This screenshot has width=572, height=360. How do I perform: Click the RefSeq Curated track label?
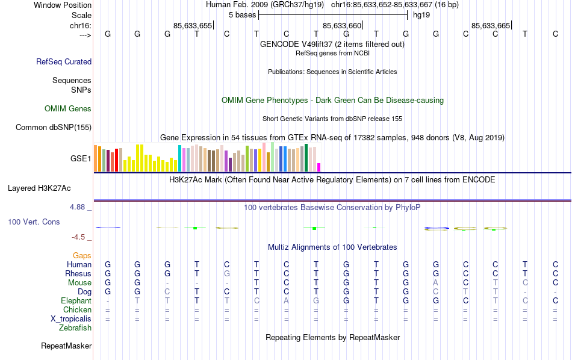64,61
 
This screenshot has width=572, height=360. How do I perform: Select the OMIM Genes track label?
68,109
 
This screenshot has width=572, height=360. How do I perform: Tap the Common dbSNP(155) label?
54,127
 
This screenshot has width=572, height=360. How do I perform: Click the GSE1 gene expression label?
81,159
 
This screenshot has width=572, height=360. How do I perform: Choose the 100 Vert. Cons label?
34,222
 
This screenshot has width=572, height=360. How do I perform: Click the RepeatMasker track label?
66,346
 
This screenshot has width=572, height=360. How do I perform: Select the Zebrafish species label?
75,328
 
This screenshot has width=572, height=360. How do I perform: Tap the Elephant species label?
76,300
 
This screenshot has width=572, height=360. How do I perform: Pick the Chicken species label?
77,309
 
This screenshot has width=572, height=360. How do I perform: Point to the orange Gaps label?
82,256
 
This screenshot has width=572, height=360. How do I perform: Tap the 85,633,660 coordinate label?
343,25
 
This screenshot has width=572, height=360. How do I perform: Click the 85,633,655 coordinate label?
193,25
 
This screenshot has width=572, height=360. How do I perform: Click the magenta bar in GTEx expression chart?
319,167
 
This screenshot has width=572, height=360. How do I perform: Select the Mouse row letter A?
436,282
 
